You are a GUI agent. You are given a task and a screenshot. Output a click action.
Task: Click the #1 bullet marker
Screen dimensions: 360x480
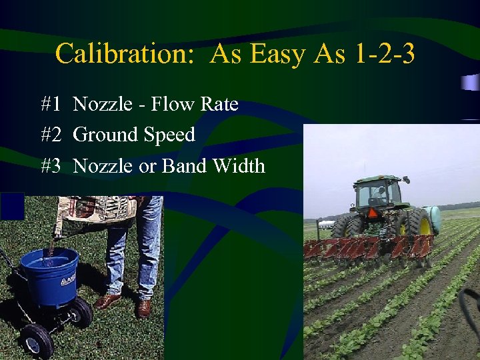tap(51, 104)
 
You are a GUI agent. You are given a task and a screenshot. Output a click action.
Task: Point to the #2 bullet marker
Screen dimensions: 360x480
tap(51, 135)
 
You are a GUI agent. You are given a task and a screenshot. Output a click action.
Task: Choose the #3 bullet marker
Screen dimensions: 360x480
tap(51, 165)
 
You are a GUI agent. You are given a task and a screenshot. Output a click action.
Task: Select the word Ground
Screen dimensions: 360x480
tap(105, 135)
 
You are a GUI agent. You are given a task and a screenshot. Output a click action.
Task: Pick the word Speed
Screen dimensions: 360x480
tap(169, 135)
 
